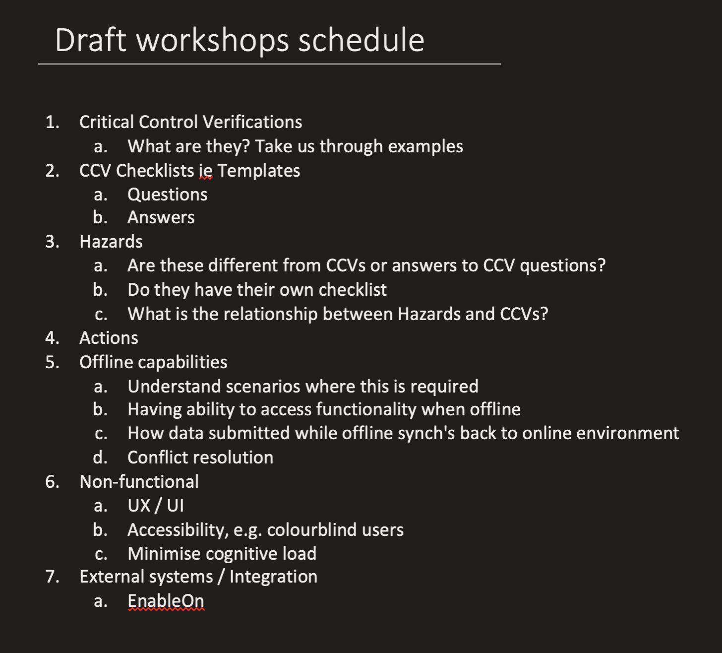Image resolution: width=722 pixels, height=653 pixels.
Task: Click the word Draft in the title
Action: coord(91,40)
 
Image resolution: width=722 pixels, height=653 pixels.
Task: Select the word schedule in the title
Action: coord(361,40)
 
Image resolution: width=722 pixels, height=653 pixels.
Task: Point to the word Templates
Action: coord(259,170)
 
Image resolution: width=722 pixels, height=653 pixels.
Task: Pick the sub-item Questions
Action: coord(168,195)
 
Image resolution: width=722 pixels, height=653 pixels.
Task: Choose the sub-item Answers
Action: coord(161,217)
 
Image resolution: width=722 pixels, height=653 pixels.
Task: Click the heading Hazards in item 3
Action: coord(111,241)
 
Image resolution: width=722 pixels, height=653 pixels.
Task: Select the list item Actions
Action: coord(109,338)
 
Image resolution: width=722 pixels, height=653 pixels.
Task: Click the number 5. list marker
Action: coord(52,362)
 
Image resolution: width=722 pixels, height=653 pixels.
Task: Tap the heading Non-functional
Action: coord(139,481)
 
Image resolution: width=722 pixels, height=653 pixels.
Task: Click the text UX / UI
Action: coord(156,505)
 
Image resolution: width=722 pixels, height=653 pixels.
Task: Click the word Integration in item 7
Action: coord(274,577)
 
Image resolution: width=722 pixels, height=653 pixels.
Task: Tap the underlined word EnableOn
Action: coord(166,601)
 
